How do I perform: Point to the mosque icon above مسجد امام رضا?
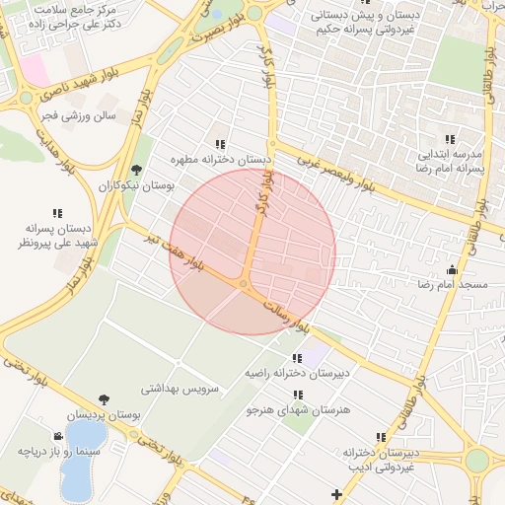[x=453, y=269]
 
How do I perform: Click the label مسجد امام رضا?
[x=452, y=284]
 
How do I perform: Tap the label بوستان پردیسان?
[x=105, y=415]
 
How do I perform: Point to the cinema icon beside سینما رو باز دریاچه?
[x=59, y=435]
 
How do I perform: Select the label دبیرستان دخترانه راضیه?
[x=297, y=374]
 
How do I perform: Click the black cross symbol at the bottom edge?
[x=337, y=493]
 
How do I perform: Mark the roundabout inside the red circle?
[x=244, y=284]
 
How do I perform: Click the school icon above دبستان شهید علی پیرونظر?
[x=57, y=212]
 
